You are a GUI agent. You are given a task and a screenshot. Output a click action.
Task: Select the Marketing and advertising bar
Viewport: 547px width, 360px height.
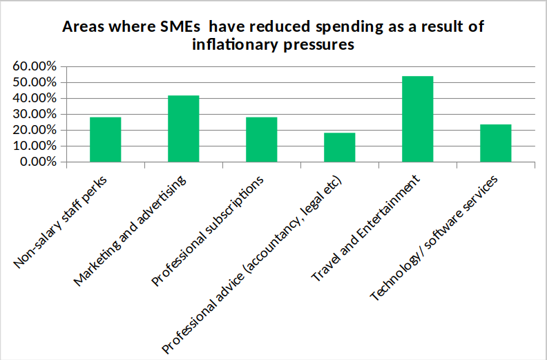[x=183, y=129]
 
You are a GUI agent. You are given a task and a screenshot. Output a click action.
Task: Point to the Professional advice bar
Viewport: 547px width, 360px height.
[x=340, y=147]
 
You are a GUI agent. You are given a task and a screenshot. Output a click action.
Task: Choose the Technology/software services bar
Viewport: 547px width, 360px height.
[x=496, y=143]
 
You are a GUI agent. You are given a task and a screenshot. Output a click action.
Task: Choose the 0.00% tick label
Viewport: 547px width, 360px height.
[x=37, y=162]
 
